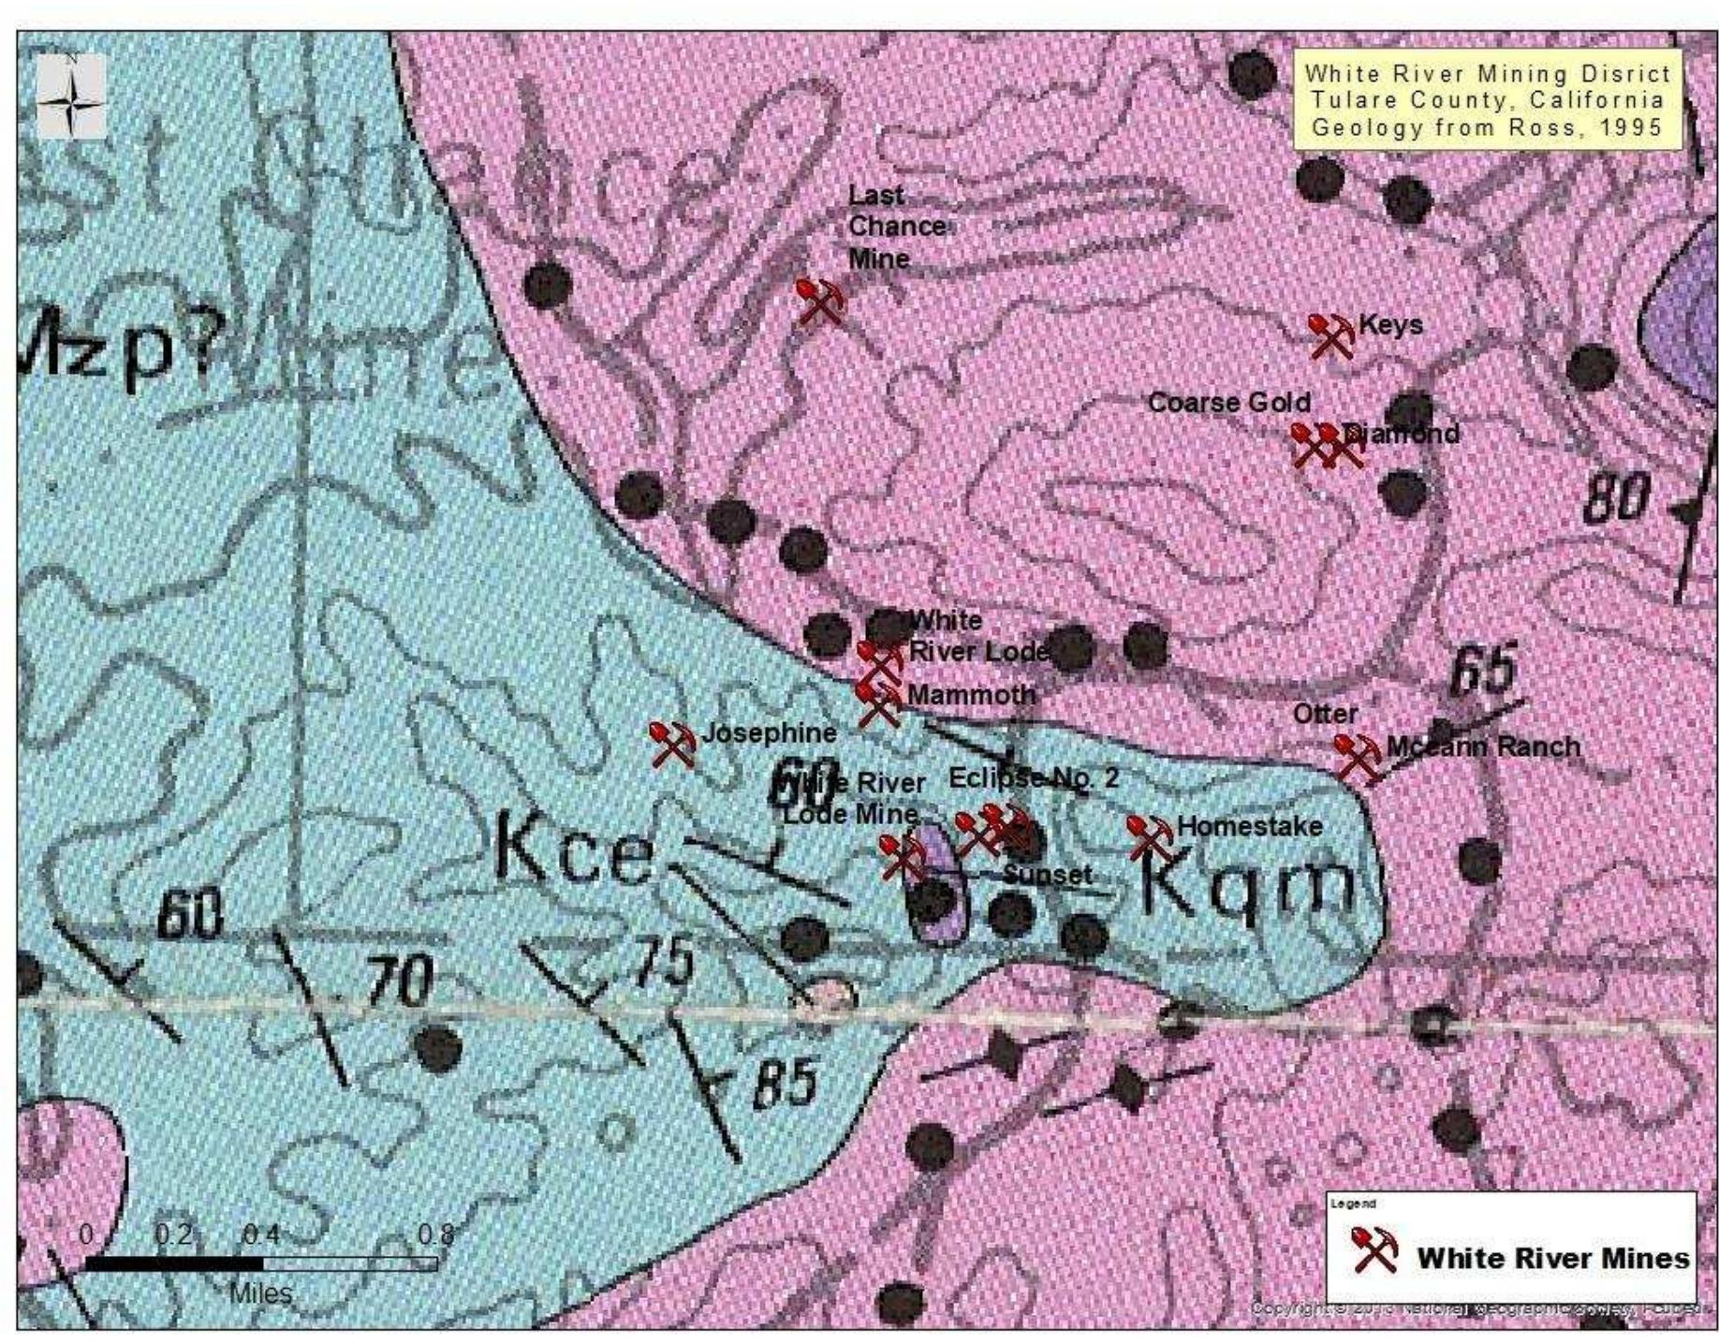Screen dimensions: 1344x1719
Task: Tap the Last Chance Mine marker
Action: pyautogui.click(x=820, y=301)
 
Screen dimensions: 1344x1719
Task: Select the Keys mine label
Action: pyautogui.click(x=1389, y=325)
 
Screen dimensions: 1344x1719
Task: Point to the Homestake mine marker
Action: pyautogui.click(x=1150, y=836)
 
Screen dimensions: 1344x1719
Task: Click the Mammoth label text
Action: pyautogui.click(x=971, y=695)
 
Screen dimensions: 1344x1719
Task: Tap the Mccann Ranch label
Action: pyautogui.click(x=1483, y=746)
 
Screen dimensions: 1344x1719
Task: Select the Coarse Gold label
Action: pyautogui.click(x=1228, y=403)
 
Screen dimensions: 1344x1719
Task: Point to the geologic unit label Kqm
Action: pyautogui.click(x=1248, y=885)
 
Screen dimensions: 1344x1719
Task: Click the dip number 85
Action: pyautogui.click(x=785, y=1084)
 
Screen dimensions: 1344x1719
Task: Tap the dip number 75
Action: pyautogui.click(x=663, y=962)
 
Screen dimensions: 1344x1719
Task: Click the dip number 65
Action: pyautogui.click(x=1483, y=671)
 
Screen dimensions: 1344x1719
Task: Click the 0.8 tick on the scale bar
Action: pyautogui.click(x=435, y=1234)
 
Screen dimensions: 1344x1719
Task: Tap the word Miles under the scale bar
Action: pyautogui.click(x=260, y=1293)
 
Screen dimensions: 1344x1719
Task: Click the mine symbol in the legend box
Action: pyautogui.click(x=1374, y=1249)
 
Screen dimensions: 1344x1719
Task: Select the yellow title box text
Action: pyautogui.click(x=1487, y=100)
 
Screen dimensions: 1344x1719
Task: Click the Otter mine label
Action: pyautogui.click(x=1325, y=714)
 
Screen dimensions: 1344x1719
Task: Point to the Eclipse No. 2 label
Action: pyautogui.click(x=1033, y=777)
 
